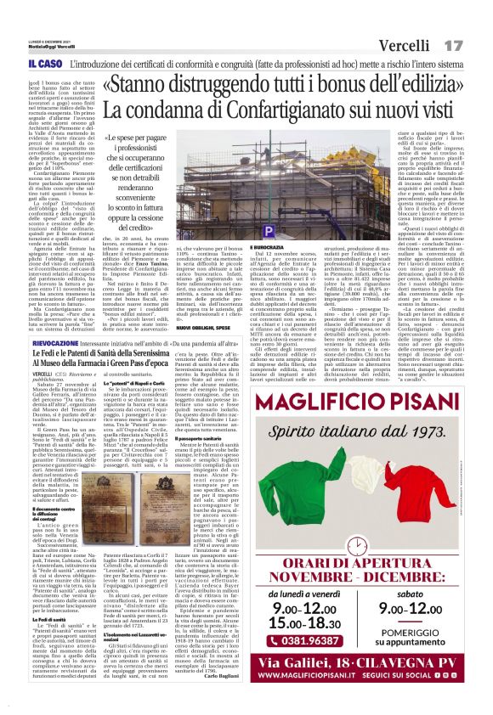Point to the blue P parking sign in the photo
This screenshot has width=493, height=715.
pyautogui.click(x=269, y=231)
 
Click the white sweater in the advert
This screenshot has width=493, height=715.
pyautogui.click(x=370, y=496)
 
